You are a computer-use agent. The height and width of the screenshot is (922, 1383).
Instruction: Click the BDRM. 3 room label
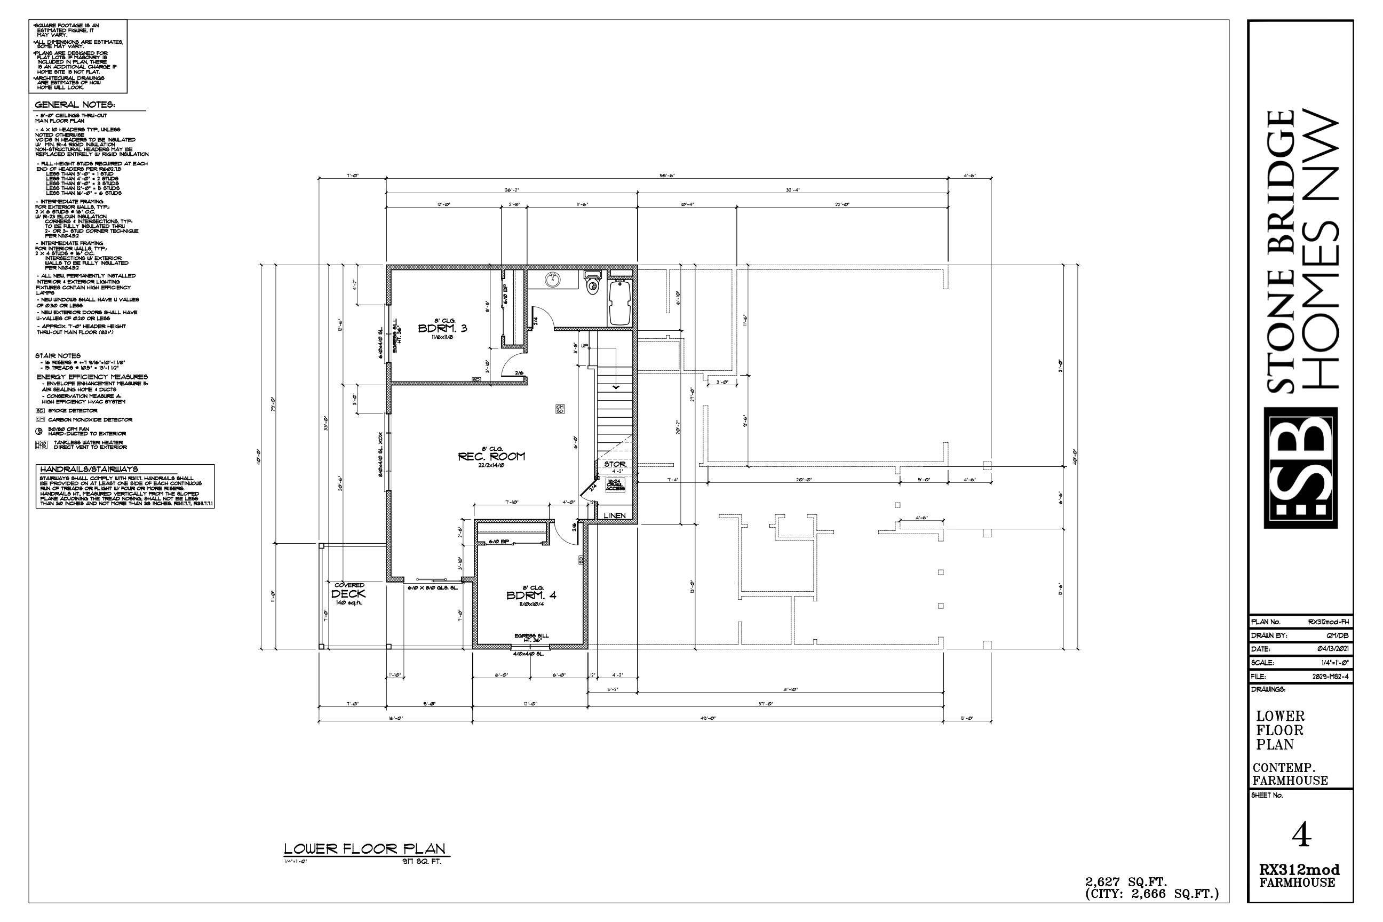[442, 328]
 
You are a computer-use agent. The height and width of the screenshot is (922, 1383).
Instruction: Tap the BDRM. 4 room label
[531, 595]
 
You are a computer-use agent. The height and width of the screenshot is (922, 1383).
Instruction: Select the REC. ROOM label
[491, 456]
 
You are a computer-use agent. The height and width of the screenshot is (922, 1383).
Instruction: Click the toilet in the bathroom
[592, 283]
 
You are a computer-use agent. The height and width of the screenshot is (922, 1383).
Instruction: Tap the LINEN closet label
[615, 515]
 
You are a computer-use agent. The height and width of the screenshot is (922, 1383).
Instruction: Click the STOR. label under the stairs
[615, 464]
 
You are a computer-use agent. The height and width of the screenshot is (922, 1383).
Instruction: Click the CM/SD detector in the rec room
[560, 408]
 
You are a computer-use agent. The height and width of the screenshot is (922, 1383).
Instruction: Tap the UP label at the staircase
[584, 346]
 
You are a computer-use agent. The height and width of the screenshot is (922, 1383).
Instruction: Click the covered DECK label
[349, 594]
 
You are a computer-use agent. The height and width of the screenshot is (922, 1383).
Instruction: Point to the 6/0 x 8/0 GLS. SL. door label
[432, 587]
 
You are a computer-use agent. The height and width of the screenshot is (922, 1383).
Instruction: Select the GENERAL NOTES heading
[74, 105]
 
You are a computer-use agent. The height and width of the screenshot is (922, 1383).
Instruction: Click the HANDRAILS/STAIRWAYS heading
[89, 469]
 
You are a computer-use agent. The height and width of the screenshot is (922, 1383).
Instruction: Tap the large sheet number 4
[1302, 836]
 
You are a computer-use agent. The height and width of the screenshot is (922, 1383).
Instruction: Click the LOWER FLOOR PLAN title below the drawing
[364, 848]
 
